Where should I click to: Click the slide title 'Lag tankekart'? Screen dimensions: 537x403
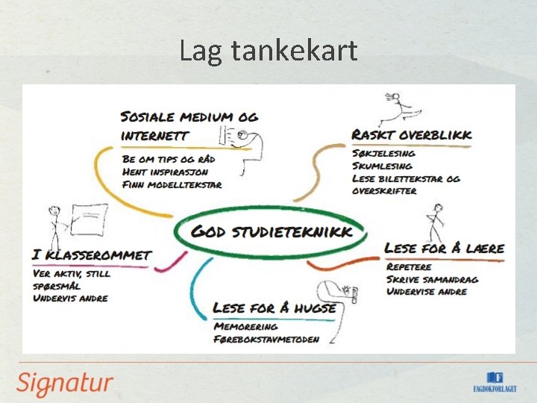[x=268, y=51]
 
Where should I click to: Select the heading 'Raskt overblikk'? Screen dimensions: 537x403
[x=412, y=135]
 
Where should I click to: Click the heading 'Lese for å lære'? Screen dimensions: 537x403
[x=445, y=248]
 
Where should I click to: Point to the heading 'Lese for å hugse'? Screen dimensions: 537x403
[x=274, y=307]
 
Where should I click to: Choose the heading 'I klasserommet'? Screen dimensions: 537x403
[x=92, y=255]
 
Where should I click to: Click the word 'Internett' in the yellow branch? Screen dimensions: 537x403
[x=154, y=137]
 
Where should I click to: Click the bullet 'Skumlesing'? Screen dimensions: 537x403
[x=382, y=166]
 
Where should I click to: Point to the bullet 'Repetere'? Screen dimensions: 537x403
[x=410, y=266]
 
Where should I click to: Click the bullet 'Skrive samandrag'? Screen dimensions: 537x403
[x=432, y=279]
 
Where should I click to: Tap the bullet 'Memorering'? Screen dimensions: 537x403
[x=245, y=326]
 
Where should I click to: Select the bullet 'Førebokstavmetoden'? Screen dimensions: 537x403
[x=266, y=339]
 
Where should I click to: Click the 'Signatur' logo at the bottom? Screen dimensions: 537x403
[x=65, y=384]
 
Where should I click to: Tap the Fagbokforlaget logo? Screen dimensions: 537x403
[x=495, y=382]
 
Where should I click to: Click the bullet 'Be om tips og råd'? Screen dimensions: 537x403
[x=170, y=159]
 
